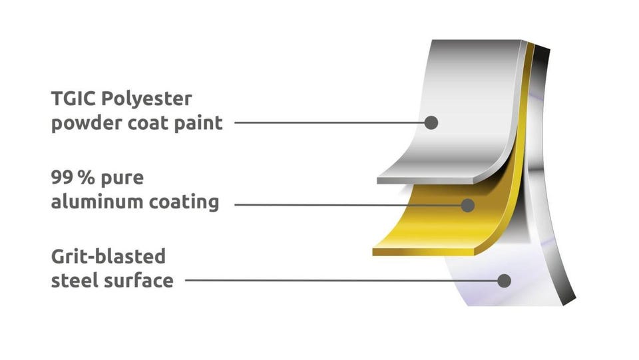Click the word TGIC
pyautogui.click(x=74, y=98)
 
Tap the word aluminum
pyautogui.click(x=97, y=202)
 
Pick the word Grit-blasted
pyautogui.click(x=108, y=257)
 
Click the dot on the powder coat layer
pyautogui.click(x=431, y=122)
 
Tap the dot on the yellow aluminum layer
pyautogui.click(x=468, y=205)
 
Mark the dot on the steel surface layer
pyautogui.click(x=504, y=281)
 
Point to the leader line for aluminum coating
pyautogui.click(x=348, y=205)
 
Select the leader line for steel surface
pyautogui.click(x=341, y=281)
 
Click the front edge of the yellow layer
pyautogui.click(x=423, y=252)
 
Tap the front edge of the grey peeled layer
pyautogui.click(x=425, y=180)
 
